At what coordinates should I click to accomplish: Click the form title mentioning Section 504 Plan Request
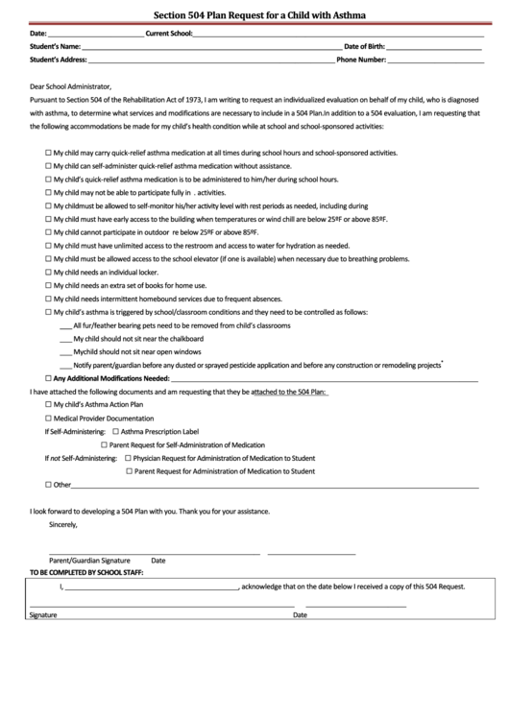[254, 15]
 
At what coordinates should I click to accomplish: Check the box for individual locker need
[49, 273]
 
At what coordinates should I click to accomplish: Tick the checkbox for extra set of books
[49, 286]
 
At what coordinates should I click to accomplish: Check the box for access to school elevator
[49, 259]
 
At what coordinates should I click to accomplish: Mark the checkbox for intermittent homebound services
[49, 300]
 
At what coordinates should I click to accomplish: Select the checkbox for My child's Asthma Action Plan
[49, 405]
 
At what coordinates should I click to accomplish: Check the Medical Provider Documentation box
[49, 419]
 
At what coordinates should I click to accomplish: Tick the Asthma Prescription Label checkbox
[115, 432]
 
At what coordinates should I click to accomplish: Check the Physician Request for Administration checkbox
[128, 458]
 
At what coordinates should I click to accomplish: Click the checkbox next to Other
[49, 485]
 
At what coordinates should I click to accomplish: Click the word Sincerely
[62, 524]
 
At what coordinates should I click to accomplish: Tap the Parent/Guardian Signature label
[89, 560]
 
